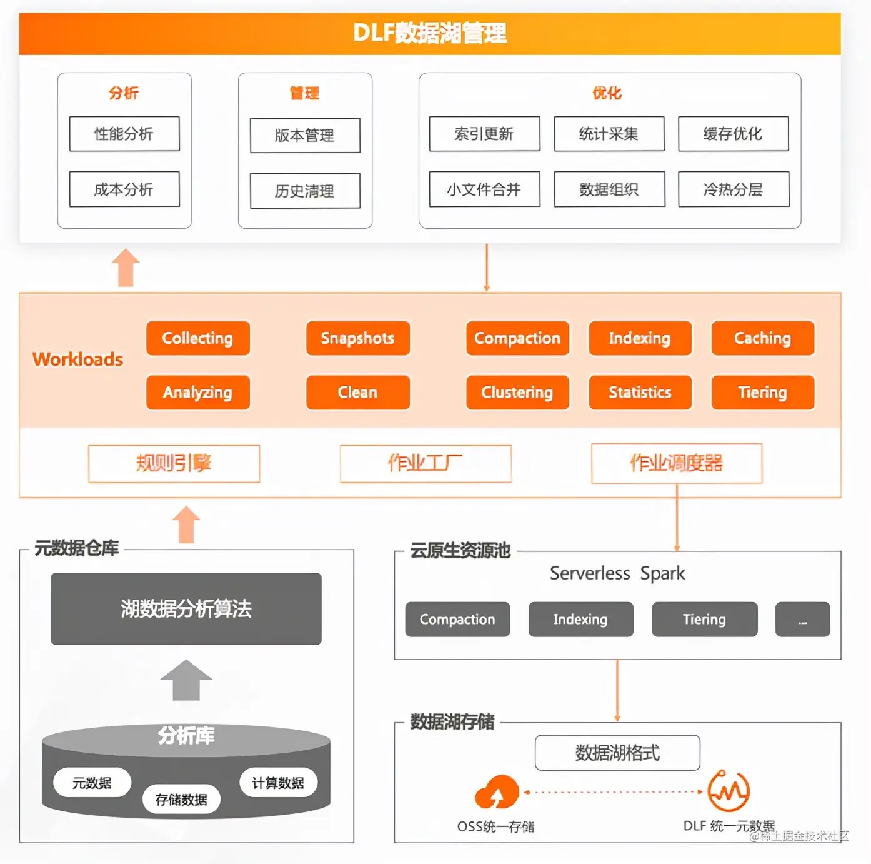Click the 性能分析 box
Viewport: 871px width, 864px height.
coord(124,134)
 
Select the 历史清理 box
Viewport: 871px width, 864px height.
coord(305,191)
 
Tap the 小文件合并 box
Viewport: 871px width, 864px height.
coord(484,189)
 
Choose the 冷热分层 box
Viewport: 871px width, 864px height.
coord(734,189)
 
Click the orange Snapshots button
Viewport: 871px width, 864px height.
coord(357,338)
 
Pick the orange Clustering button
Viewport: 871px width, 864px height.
coord(517,393)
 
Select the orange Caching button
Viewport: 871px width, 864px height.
coord(762,338)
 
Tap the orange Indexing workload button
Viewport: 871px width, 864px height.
coord(640,338)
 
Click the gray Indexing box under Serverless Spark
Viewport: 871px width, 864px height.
coord(580,620)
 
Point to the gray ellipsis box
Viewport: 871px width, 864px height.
coord(802,620)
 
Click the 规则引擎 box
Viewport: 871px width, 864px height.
coord(174,463)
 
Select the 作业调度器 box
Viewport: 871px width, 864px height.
coord(677,463)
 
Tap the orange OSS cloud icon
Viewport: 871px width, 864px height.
coord(497,793)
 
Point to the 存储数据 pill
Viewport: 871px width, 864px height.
coord(181,800)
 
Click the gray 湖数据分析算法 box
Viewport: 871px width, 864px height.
coord(186,609)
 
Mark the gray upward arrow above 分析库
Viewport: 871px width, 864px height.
coord(186,681)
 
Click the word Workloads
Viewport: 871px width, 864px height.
coord(78,359)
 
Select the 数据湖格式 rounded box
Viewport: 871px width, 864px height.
coord(617,753)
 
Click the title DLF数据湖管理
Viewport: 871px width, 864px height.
coord(430,33)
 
